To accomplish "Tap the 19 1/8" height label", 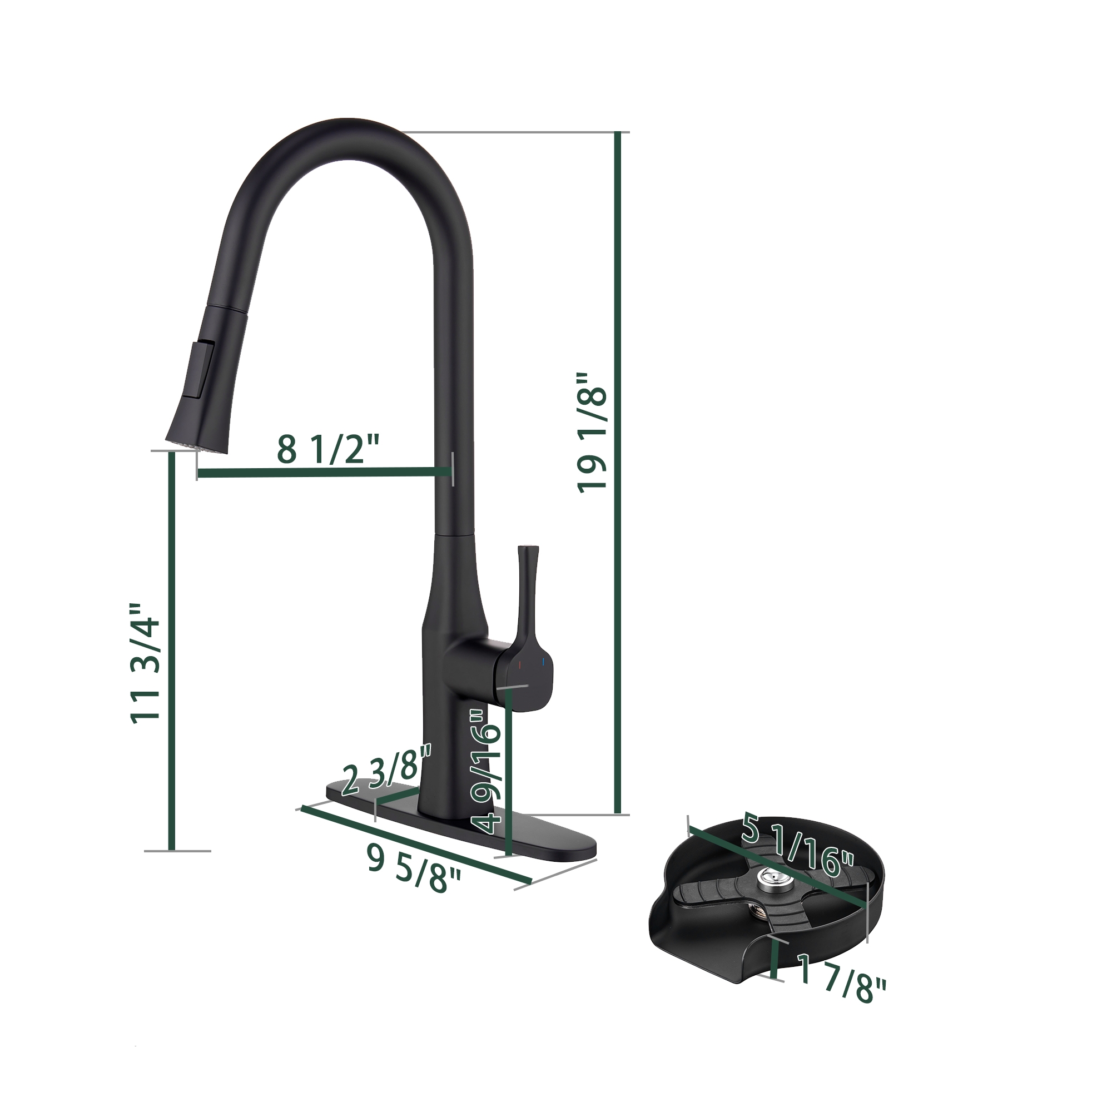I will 592,431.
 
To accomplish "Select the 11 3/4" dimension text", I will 145,670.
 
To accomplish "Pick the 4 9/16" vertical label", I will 487,771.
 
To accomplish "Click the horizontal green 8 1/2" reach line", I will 322,473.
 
